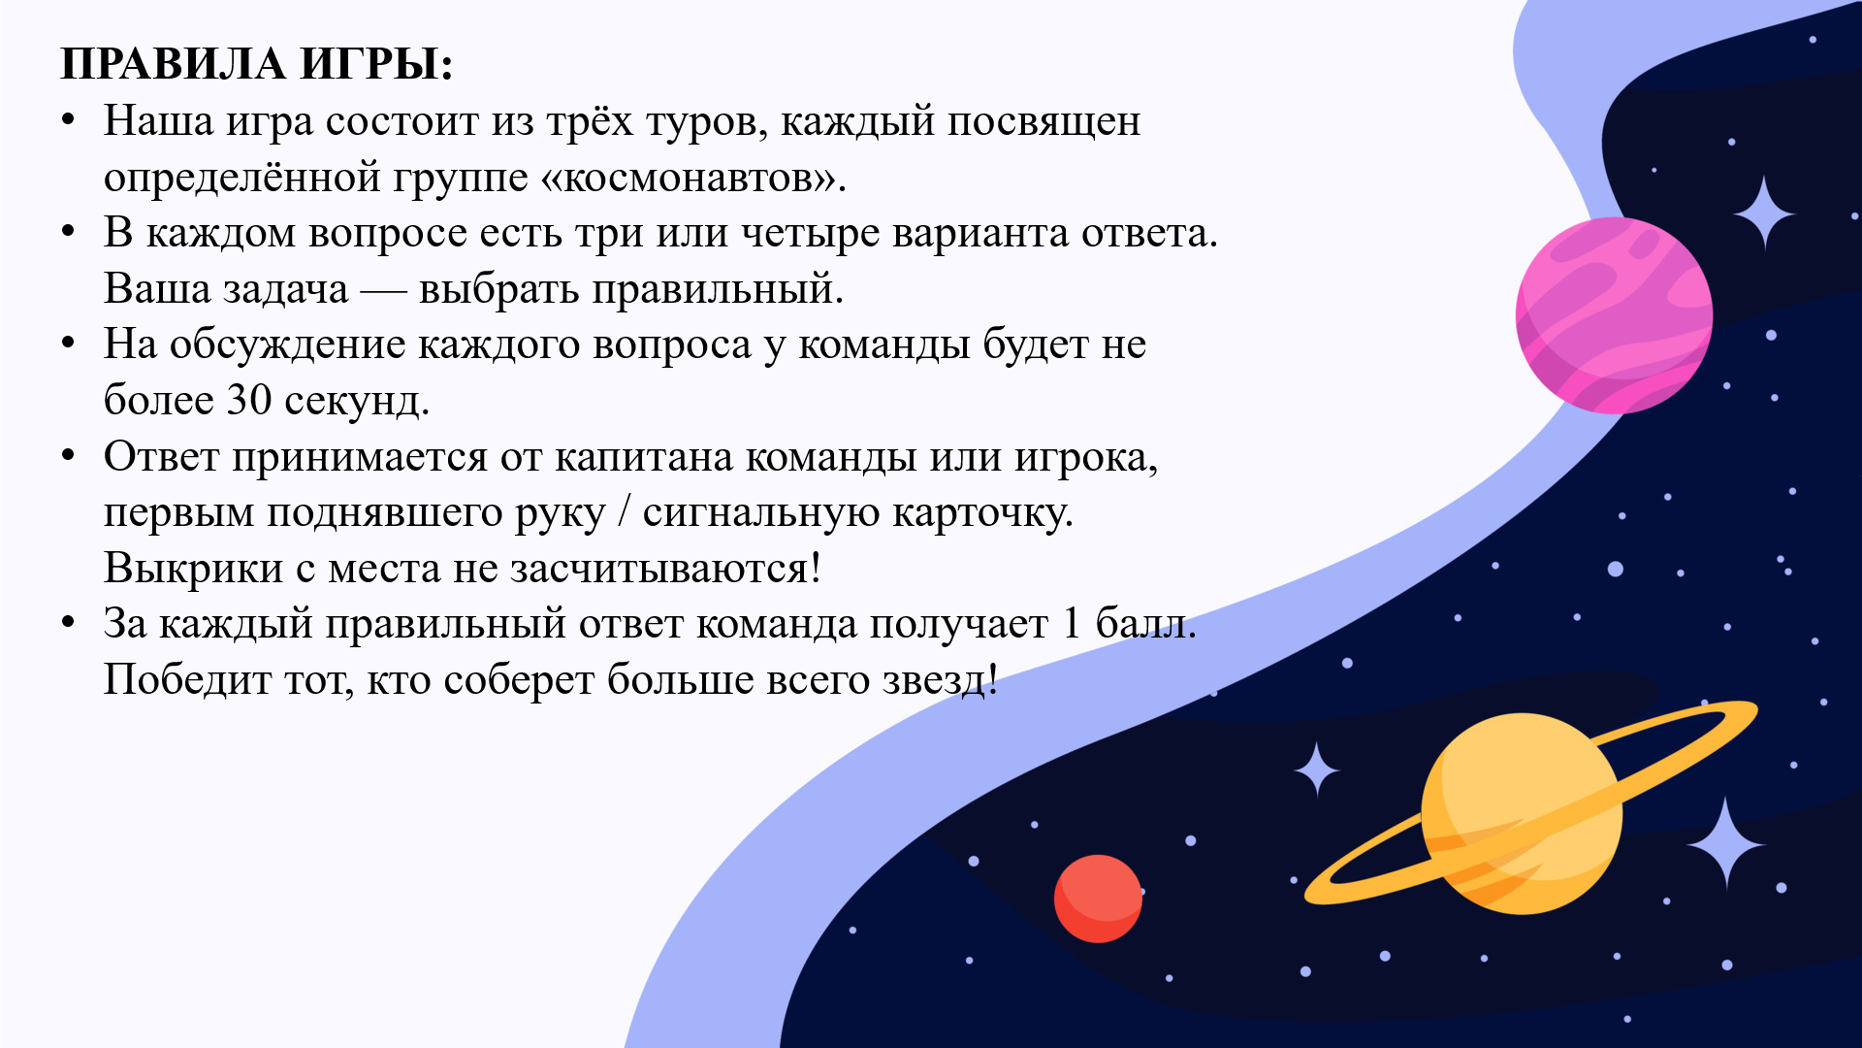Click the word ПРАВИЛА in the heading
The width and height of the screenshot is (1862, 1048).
point(173,64)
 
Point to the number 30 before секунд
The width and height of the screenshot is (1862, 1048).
point(249,400)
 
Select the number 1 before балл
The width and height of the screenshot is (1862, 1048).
point(1072,623)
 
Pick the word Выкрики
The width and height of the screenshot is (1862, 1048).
point(194,569)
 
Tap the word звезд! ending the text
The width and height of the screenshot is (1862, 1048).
point(940,679)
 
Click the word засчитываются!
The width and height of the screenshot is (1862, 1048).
point(665,569)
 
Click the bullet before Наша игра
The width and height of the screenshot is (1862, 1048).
point(68,120)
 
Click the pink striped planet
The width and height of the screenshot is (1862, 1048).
point(1614,315)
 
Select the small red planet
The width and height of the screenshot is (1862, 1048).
point(1098,899)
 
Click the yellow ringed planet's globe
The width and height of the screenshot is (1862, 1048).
point(1522,813)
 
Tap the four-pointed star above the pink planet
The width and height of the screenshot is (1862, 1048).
point(1764,213)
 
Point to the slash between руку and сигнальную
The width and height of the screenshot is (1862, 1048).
point(625,513)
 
